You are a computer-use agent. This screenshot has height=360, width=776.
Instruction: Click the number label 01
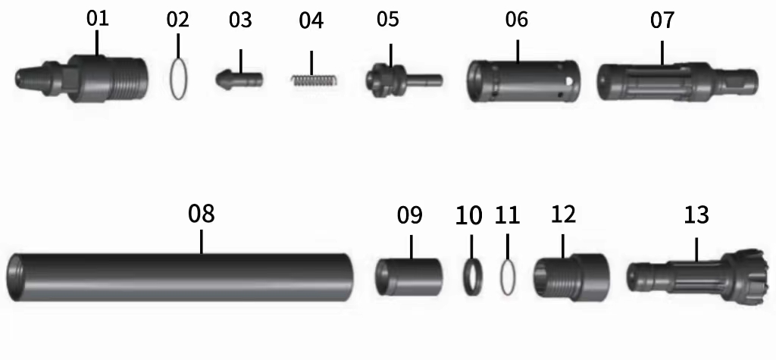(x=97, y=19)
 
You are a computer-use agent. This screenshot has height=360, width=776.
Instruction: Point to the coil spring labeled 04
(x=314, y=80)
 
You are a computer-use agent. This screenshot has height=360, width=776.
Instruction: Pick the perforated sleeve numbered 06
(x=523, y=81)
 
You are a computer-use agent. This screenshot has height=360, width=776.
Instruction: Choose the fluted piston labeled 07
(x=677, y=81)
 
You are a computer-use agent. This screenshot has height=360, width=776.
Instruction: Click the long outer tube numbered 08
(x=180, y=277)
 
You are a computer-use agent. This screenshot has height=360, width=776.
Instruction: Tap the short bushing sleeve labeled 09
(x=408, y=277)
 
